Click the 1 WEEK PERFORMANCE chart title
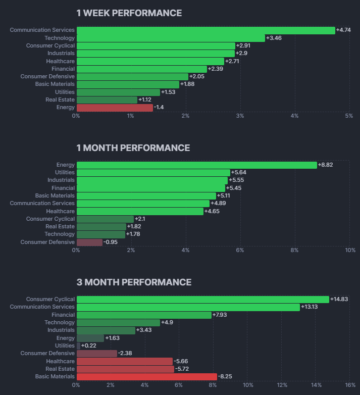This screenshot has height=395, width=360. point(129,13)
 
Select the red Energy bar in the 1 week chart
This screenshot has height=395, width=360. point(114,108)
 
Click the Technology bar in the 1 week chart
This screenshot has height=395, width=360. point(171,38)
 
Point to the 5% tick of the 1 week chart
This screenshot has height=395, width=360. point(349,116)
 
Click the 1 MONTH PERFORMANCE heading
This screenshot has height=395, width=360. point(133,148)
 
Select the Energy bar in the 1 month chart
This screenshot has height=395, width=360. point(196,165)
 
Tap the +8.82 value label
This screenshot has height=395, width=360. point(326,165)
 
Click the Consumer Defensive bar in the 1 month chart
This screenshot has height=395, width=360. point(89,242)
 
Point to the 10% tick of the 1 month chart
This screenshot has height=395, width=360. point(350,250)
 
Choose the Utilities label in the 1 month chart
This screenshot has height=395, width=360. point(65,172)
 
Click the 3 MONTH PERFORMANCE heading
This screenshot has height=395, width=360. point(134,282)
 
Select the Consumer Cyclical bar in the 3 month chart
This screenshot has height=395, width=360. point(202,299)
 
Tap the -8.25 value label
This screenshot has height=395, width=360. point(226,376)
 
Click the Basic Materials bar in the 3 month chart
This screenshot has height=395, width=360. point(146,376)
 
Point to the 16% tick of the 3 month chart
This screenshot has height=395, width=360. point(350,385)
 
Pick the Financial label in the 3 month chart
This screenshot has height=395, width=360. point(63,315)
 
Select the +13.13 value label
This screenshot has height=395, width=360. point(309,307)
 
